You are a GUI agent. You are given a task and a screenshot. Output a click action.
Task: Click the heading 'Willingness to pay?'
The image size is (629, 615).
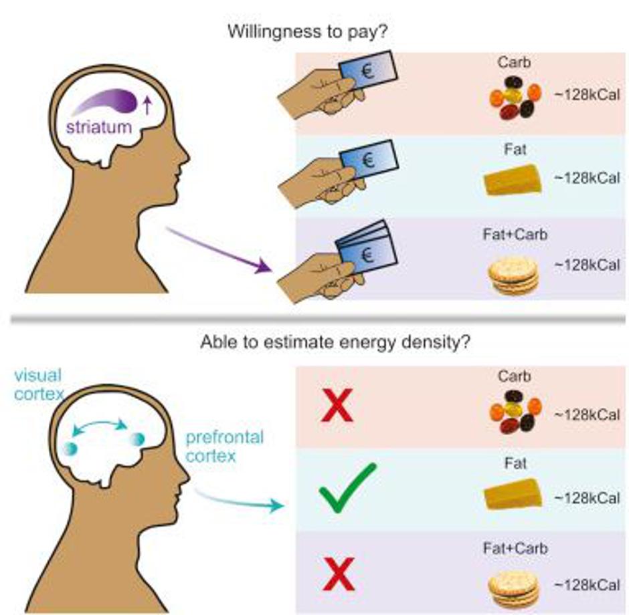pyautogui.click(x=314, y=31)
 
